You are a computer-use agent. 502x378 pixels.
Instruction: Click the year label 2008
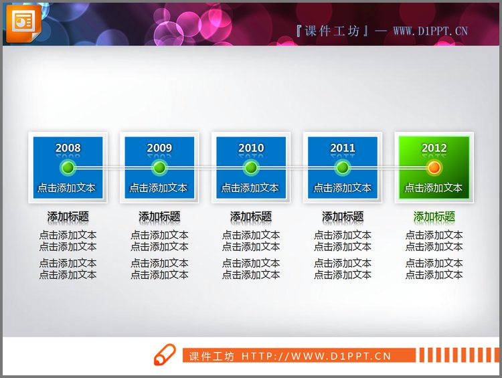pyautogui.click(x=68, y=148)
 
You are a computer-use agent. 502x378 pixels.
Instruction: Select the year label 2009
pyautogui.click(x=159, y=148)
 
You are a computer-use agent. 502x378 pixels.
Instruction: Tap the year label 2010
pyautogui.click(x=251, y=148)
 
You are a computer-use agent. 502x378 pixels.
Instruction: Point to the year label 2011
pyautogui.click(x=343, y=148)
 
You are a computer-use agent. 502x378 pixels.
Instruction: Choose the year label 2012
pyautogui.click(x=434, y=148)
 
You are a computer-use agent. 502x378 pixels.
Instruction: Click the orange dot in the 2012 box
pyautogui.click(x=434, y=167)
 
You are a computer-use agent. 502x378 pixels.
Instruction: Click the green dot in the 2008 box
pyautogui.click(x=68, y=167)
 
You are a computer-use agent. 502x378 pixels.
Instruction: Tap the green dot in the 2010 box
pyautogui.click(x=251, y=167)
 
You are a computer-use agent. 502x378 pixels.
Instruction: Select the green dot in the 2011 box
pyautogui.click(x=343, y=167)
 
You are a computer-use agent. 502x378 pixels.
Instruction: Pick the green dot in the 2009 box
pyautogui.click(x=159, y=167)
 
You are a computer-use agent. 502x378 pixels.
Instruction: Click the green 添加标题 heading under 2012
pyautogui.click(x=434, y=216)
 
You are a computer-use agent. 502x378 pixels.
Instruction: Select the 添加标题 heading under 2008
pyautogui.click(x=68, y=216)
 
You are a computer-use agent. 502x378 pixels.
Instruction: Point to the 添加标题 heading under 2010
pyautogui.click(x=251, y=216)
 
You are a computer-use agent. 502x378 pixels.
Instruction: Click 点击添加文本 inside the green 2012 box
pyautogui.click(x=434, y=188)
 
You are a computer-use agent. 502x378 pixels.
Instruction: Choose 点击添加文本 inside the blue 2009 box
pyautogui.click(x=159, y=188)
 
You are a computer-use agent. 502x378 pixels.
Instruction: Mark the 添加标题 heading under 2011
pyautogui.click(x=343, y=216)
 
